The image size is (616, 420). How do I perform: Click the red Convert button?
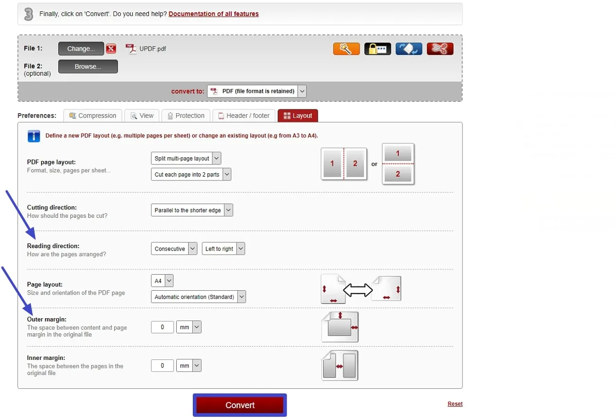click(240, 405)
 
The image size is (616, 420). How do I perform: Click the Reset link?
click(455, 404)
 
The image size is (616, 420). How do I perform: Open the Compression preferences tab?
click(92, 116)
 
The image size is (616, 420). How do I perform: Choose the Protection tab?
click(185, 116)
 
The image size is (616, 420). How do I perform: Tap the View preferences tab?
click(142, 116)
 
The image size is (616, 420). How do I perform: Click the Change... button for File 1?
click(81, 49)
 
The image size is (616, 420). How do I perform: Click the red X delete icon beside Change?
click(111, 49)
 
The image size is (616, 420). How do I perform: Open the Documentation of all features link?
click(213, 14)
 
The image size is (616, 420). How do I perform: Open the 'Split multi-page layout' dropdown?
click(186, 158)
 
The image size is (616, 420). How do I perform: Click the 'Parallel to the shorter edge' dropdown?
click(192, 210)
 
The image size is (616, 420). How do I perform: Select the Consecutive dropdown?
click(174, 249)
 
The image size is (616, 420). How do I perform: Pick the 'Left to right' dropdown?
click(224, 249)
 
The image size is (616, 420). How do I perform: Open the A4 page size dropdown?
click(162, 281)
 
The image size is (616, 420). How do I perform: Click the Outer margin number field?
click(162, 327)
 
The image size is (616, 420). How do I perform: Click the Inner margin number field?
click(162, 366)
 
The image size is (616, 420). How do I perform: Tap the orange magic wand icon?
click(346, 49)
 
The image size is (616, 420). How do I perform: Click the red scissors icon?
click(440, 49)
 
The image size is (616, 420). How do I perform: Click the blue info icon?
click(34, 136)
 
